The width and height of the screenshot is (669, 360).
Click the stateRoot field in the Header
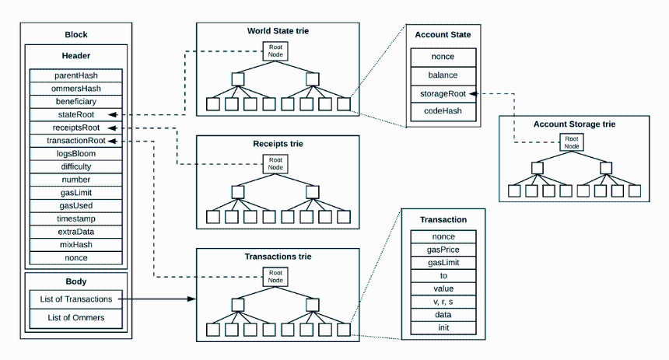tap(76, 114)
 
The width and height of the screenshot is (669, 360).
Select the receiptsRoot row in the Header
tap(76, 128)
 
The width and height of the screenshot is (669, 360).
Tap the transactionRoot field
tap(76, 140)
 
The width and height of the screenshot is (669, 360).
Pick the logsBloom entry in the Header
tap(76, 153)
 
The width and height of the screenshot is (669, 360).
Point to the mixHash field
tap(76, 244)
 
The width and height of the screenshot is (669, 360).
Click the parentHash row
tap(76, 75)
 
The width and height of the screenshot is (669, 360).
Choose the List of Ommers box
tap(76, 318)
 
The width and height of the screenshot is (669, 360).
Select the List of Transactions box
tap(76, 299)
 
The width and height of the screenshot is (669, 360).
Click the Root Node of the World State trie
tap(275, 51)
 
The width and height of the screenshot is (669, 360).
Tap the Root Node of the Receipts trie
tap(275, 164)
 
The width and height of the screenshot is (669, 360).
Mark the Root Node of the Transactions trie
tap(275, 276)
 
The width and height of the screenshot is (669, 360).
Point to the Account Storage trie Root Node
tap(572, 142)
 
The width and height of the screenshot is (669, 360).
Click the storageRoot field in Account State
tap(443, 94)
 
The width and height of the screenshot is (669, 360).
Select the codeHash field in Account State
tap(443, 111)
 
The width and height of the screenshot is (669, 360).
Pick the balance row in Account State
tap(443, 75)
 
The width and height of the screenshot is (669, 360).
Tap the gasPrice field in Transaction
tap(443, 250)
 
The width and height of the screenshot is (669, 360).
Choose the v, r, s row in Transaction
tap(443, 302)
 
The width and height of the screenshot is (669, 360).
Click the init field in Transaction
tap(443, 327)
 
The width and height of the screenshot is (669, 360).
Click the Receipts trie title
tap(278, 144)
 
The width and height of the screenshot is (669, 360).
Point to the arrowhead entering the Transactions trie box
tap(192, 299)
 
